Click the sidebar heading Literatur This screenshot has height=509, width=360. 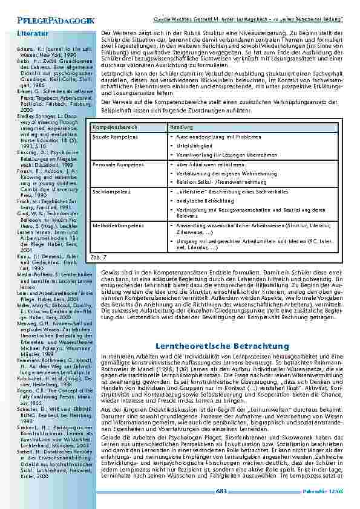(30, 32)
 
